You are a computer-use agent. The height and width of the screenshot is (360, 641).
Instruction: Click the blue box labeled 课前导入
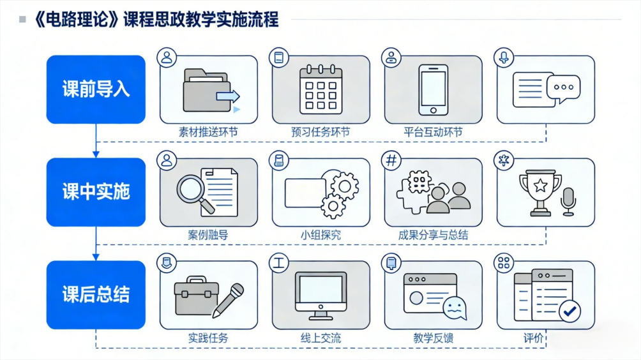pyautogui.click(x=96, y=89)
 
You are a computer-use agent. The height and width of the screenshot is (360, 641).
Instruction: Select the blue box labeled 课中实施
pyautogui.click(x=96, y=192)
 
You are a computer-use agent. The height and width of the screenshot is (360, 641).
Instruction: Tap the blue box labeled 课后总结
pyautogui.click(x=96, y=295)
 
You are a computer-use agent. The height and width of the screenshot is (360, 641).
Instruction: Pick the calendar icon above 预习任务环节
pyautogui.click(x=321, y=89)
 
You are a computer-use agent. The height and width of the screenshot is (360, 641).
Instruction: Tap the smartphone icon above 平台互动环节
pyautogui.click(x=434, y=90)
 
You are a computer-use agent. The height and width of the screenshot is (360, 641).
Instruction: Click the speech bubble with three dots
pyautogui.click(x=564, y=88)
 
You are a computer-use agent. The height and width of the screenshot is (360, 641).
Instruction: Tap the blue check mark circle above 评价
pyautogui.click(x=569, y=311)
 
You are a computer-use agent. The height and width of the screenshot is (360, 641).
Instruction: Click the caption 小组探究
pyautogui.click(x=321, y=235)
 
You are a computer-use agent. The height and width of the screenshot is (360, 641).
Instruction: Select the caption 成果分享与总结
pyautogui.click(x=434, y=235)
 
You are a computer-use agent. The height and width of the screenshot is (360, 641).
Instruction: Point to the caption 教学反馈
pyautogui.click(x=434, y=338)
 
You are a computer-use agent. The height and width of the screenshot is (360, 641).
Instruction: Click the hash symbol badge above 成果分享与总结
pyautogui.click(x=391, y=160)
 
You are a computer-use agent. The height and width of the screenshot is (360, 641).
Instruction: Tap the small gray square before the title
pyautogui.click(x=22, y=19)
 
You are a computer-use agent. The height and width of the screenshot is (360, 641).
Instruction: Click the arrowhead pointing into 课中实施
pyautogui.click(x=96, y=154)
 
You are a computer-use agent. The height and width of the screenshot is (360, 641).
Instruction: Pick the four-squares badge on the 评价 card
pyautogui.click(x=504, y=263)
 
